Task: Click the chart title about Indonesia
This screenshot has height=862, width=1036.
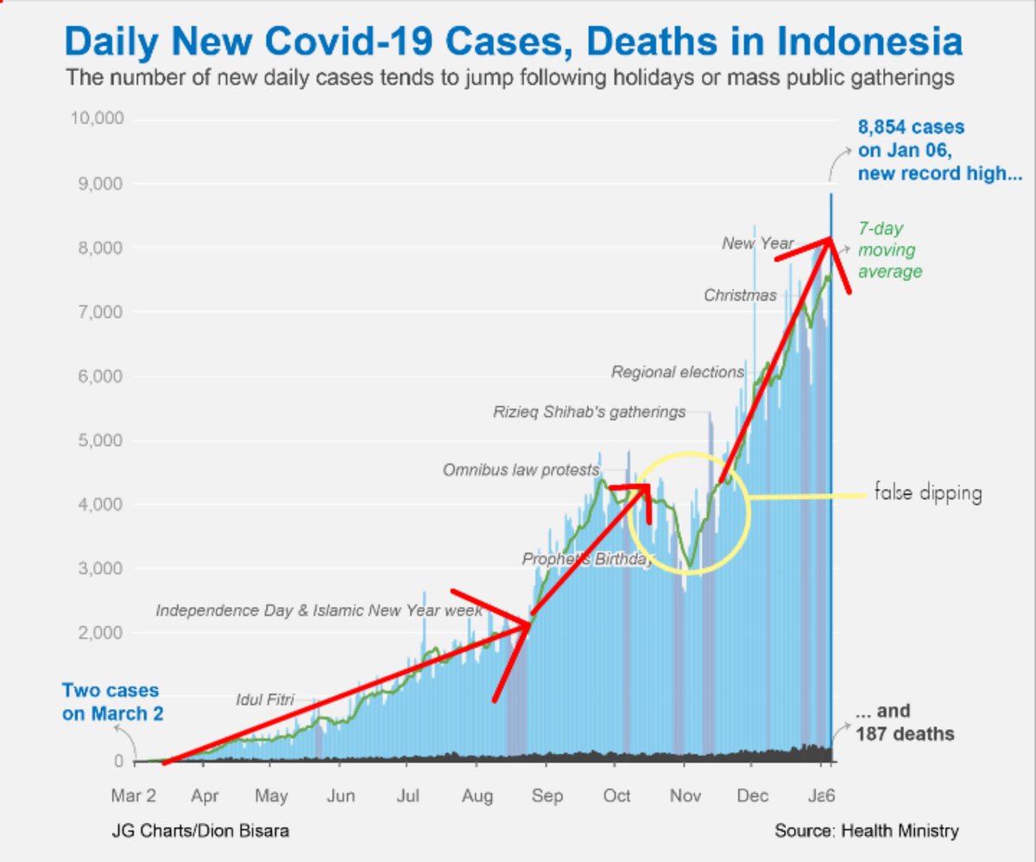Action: [x=513, y=41]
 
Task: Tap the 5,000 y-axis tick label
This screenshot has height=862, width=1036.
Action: [x=101, y=441]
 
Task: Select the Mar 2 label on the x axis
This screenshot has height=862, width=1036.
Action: [x=134, y=795]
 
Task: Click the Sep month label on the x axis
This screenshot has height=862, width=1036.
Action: [x=546, y=795]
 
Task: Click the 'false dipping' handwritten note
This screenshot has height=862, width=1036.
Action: [x=928, y=494]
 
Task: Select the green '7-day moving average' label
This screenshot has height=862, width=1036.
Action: [x=890, y=250]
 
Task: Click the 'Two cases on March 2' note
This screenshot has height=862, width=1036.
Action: [x=111, y=702]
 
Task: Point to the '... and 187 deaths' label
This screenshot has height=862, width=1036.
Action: [x=905, y=723]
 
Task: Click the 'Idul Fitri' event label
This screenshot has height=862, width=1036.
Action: [x=265, y=698]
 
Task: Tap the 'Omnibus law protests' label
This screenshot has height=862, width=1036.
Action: [x=521, y=471]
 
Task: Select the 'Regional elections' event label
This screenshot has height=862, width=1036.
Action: [x=678, y=372]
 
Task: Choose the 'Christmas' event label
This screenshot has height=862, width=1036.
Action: [x=740, y=295]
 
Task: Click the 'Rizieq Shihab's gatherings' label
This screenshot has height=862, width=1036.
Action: [x=590, y=412]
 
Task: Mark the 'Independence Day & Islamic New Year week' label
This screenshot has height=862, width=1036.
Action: [x=319, y=611]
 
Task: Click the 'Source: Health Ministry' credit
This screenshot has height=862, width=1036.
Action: [x=866, y=831]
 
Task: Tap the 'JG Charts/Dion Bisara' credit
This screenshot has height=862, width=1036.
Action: [x=200, y=831]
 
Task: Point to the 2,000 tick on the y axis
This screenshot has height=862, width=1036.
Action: [x=101, y=633]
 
